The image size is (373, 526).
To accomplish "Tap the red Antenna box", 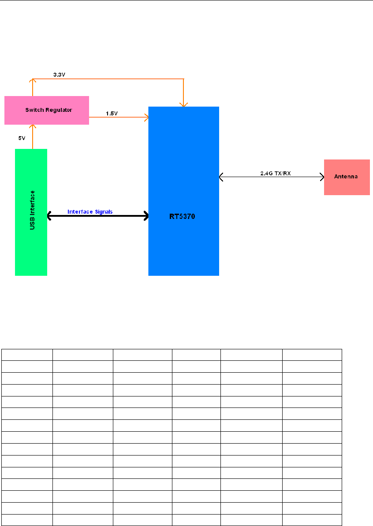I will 347,177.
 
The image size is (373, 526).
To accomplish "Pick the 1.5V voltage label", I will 111,113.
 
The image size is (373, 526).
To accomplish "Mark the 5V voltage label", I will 22,138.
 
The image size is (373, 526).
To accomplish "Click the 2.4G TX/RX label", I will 275,173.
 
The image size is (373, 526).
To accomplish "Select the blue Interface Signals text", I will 90,211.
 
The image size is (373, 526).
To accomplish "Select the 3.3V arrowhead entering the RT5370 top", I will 183,104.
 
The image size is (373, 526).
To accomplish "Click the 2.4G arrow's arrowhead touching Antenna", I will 321,177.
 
